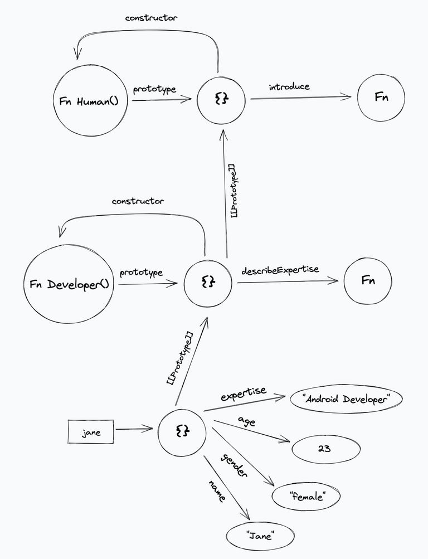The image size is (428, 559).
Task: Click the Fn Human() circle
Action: [x=89, y=101]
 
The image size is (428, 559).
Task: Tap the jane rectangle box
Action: [x=91, y=432]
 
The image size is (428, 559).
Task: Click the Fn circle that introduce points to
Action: [x=381, y=97]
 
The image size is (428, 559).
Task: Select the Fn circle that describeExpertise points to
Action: [x=368, y=280]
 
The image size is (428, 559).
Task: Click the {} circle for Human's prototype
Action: [x=221, y=99]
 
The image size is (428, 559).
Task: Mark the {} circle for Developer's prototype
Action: [x=208, y=283]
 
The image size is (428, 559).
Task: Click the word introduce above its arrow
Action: [x=289, y=87]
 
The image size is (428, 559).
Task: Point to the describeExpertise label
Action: [x=280, y=270]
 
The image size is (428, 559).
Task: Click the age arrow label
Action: [x=246, y=421]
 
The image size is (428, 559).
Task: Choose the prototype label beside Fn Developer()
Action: [x=141, y=273]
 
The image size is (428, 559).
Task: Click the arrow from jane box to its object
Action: [x=134, y=429]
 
